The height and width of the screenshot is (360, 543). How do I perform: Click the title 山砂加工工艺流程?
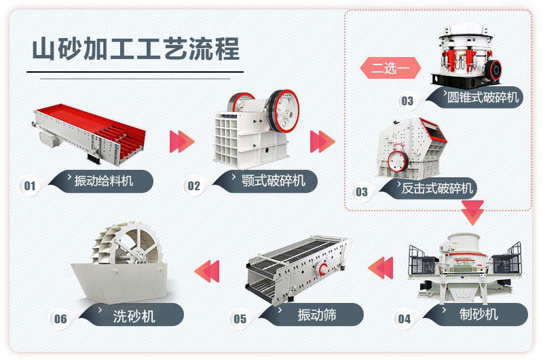tap(136, 49)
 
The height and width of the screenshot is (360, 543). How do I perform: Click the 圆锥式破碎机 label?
tap(482, 97)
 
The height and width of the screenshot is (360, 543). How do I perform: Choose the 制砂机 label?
tap(479, 314)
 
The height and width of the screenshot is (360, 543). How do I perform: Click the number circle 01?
tap(30, 185)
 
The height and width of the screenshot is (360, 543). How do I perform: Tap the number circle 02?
tap(195, 185)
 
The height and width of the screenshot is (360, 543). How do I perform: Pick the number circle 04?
tap(405, 319)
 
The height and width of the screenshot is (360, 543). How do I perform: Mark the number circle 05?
tap(240, 319)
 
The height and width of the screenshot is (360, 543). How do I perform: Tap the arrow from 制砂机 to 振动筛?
tap(381, 266)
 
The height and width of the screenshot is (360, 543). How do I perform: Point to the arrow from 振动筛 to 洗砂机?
tap(208, 270)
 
